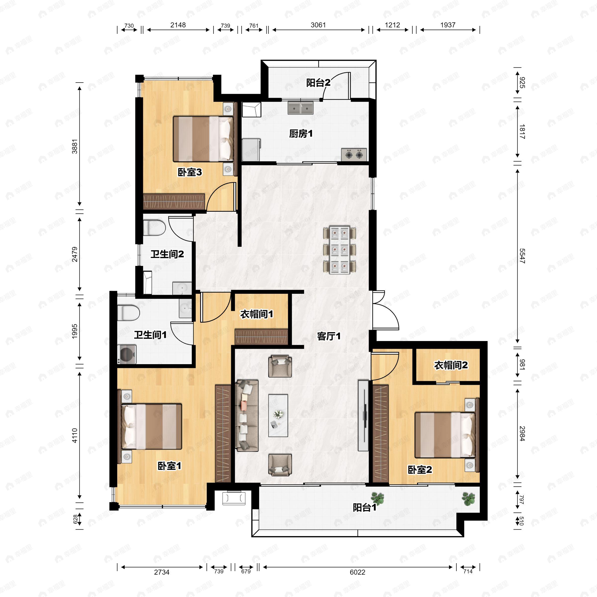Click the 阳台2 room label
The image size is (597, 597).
(x=318, y=83)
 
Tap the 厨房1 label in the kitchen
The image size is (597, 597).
(x=301, y=134)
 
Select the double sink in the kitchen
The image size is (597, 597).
(x=300, y=108)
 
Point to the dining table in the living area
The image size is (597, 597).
(x=339, y=250)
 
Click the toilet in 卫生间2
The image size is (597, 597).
(x=154, y=227)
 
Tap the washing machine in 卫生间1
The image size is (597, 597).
(x=127, y=354)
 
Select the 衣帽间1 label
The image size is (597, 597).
(x=257, y=314)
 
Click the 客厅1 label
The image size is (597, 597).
(x=329, y=336)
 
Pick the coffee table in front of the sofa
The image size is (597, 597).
(x=278, y=415)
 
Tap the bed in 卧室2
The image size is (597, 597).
(x=445, y=435)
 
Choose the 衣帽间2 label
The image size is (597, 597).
(x=451, y=365)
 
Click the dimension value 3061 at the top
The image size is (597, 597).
(x=318, y=25)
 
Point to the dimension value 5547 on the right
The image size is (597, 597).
(x=522, y=256)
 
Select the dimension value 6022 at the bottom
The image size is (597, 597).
(x=357, y=572)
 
